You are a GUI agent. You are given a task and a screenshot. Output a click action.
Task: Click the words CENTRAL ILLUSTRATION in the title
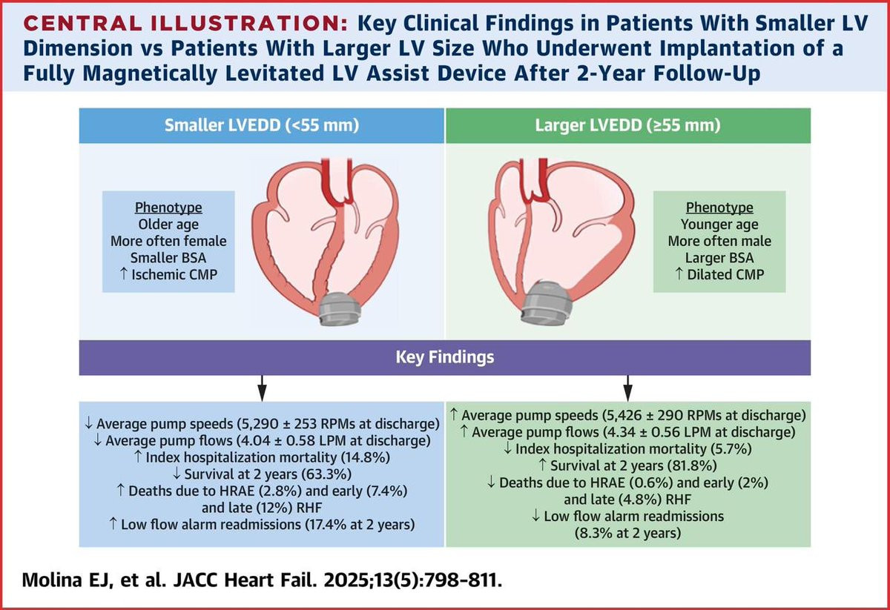click(185, 24)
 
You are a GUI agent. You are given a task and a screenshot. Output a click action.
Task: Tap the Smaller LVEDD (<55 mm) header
click(262, 125)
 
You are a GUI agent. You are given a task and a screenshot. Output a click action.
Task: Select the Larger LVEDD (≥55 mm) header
click(627, 125)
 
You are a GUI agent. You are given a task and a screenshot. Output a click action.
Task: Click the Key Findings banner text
click(445, 357)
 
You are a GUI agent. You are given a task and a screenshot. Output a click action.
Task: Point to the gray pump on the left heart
click(340, 308)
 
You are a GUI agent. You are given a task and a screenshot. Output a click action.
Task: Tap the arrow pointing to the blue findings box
click(262, 388)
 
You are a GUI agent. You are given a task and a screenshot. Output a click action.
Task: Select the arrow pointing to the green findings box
click(627, 388)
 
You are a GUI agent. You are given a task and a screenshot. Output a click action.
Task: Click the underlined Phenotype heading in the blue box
click(168, 208)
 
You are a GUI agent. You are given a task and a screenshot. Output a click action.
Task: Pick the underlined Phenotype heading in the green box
click(719, 208)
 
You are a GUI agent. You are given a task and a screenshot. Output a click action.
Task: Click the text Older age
click(168, 225)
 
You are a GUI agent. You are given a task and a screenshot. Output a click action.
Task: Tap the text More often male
click(719, 241)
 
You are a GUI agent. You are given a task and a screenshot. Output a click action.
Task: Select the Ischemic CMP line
click(168, 274)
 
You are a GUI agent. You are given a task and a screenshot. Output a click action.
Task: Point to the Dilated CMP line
click(719, 274)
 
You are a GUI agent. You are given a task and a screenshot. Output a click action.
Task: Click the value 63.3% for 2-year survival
click(326, 474)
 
